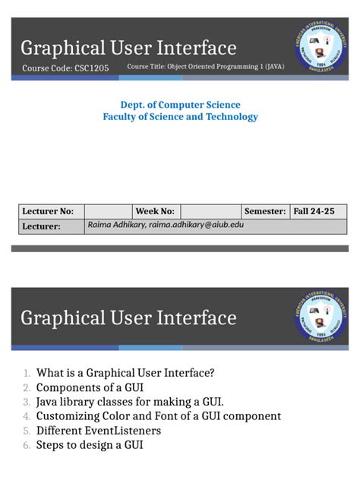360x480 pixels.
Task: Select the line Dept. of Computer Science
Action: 180,105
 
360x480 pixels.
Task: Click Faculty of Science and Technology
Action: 180,117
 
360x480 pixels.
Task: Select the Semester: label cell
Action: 265,211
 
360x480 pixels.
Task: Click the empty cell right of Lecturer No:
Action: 108,211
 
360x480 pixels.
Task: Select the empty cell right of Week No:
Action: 210,211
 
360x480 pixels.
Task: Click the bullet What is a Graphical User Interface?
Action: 125,373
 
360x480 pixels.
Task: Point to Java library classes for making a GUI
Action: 130,402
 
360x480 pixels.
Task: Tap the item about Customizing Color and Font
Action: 158,416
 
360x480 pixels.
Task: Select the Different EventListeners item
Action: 98,431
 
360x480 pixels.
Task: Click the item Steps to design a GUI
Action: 89,445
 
